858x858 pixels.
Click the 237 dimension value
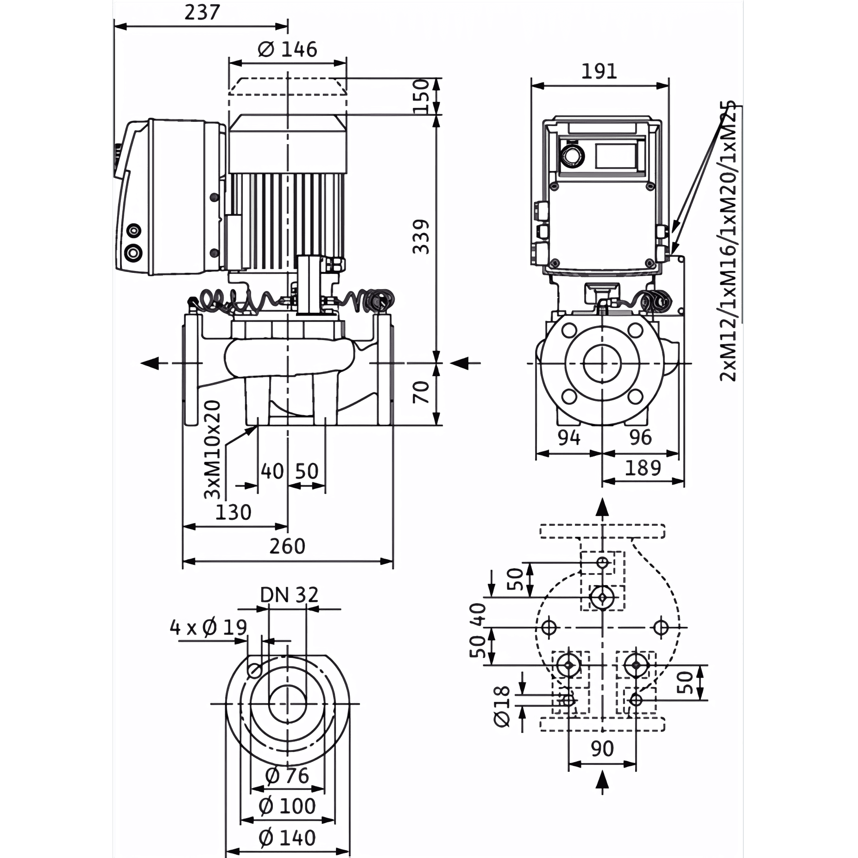[x=202, y=12]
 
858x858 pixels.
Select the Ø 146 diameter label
[x=287, y=49]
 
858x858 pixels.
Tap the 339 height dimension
[x=421, y=237]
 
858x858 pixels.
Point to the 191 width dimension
[x=599, y=71]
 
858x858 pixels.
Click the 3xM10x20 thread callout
[x=213, y=449]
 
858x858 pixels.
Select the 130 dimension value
[x=233, y=512]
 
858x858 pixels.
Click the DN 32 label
[x=289, y=595]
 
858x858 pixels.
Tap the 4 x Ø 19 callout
[x=208, y=628]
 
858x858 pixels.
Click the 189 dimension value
[x=643, y=468]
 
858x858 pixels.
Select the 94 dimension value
[x=568, y=437]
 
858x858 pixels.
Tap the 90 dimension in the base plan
[x=602, y=749]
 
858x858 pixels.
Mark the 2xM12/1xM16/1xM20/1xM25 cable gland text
[x=729, y=241]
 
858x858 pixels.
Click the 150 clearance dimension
[x=421, y=96]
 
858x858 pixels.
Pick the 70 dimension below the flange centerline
[x=421, y=391]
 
